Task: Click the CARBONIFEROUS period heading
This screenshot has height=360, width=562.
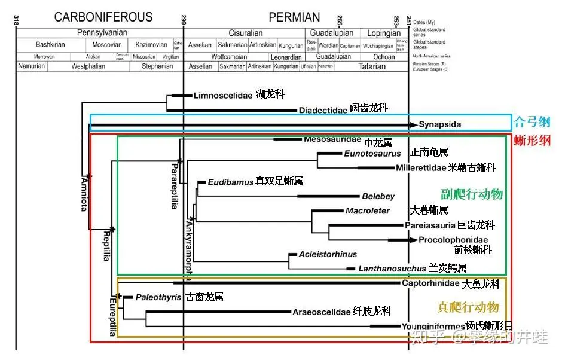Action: click(103, 17)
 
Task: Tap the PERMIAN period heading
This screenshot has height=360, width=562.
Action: click(294, 17)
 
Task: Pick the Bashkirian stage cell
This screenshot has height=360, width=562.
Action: click(50, 45)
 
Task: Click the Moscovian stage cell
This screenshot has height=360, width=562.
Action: click(107, 45)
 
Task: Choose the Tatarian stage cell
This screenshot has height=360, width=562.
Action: click(372, 66)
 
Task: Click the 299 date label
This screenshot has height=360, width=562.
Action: click(183, 21)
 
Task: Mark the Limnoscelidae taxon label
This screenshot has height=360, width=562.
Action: click(223, 95)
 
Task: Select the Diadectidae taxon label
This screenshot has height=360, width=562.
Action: click(323, 109)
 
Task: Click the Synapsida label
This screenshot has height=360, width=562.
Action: click(439, 124)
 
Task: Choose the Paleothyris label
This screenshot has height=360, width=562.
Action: click(158, 297)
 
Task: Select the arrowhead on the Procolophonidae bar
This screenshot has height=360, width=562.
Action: click(413, 240)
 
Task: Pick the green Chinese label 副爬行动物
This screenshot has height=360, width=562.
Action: click(472, 194)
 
